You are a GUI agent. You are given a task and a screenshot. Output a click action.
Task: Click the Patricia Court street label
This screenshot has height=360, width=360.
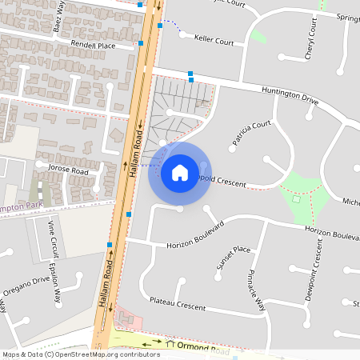tap(252, 134)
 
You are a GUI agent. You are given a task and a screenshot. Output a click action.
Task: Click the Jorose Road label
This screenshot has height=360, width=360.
tap(67, 170)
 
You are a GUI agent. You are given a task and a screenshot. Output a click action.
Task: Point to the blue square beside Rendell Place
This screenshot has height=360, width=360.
tap(141, 43)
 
